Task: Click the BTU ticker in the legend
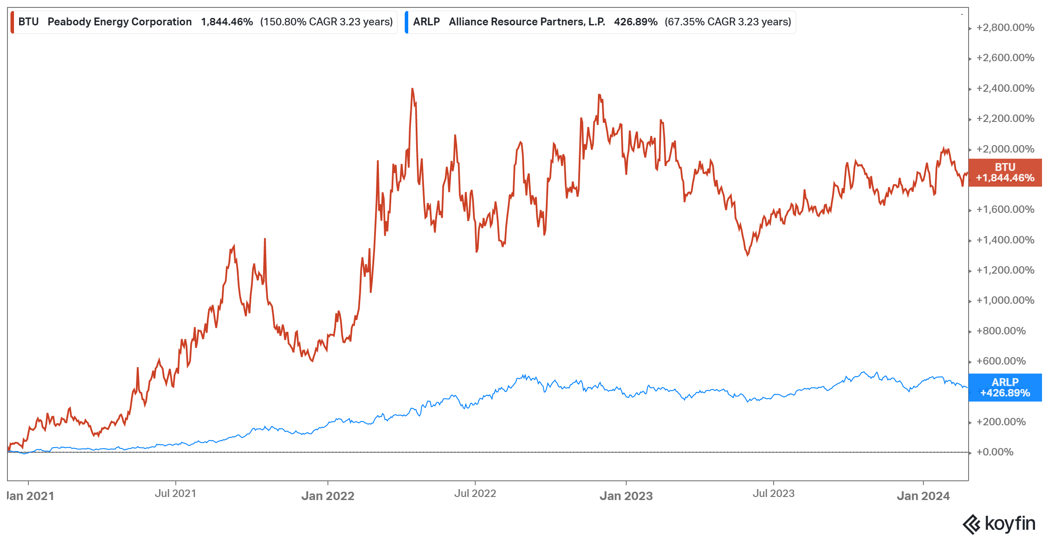pos(28,22)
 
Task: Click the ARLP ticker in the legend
pos(426,22)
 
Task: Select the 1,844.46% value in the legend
pos(227,22)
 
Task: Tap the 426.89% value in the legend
pos(636,22)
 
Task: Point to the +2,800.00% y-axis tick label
pos(1005,28)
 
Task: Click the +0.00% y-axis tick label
pos(995,452)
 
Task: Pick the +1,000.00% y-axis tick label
pos(1005,300)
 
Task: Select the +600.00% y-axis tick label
pos(1001,361)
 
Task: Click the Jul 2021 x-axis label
pos(175,493)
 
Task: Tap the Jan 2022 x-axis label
pos(328,496)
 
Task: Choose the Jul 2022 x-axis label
pos(475,493)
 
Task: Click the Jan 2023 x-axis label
pos(626,496)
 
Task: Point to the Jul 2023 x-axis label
pos(773,493)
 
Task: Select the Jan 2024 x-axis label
pos(923,496)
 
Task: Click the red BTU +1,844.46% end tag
pos(1005,173)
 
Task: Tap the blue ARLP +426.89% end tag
pos(1005,388)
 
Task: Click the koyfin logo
pos(999,524)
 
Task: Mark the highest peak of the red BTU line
pos(412,89)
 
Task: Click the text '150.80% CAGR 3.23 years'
pos(327,22)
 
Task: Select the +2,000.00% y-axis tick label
pos(1005,149)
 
